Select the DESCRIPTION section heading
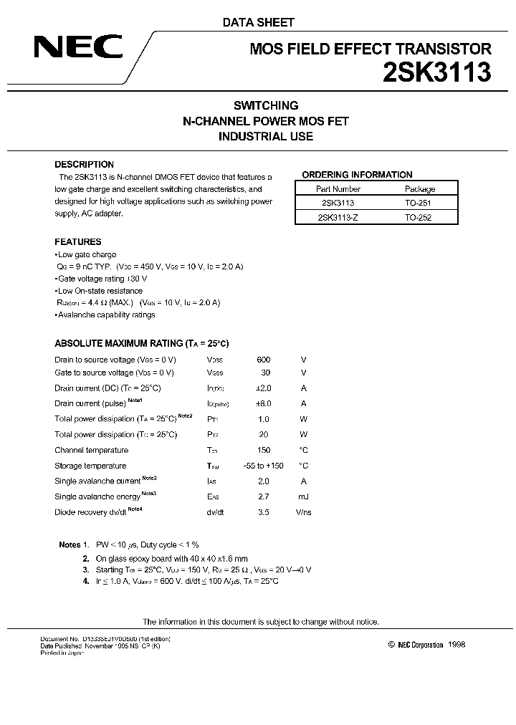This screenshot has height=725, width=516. click(x=85, y=164)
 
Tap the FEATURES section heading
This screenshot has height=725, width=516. click(x=78, y=242)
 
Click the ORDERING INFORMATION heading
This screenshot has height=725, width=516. click(x=357, y=175)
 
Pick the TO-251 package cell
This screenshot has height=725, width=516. click(x=419, y=203)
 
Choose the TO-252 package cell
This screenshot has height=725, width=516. click(x=419, y=217)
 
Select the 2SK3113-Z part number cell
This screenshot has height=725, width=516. click(x=338, y=217)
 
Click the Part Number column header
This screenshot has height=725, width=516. click(x=338, y=189)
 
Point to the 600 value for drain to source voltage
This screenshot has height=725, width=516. click(x=264, y=360)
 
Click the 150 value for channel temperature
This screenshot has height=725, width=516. click(x=264, y=450)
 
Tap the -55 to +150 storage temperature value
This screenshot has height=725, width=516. click(x=264, y=466)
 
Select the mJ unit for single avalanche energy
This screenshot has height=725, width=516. click(x=304, y=496)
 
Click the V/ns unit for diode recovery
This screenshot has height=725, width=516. click(x=304, y=512)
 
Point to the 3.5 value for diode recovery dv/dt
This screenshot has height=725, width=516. click(x=264, y=512)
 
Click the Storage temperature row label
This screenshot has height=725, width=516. click(x=90, y=466)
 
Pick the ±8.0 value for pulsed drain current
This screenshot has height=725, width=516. click(x=264, y=404)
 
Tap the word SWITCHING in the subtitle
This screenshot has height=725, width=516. click(x=266, y=105)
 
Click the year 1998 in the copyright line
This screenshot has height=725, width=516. click(x=457, y=645)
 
